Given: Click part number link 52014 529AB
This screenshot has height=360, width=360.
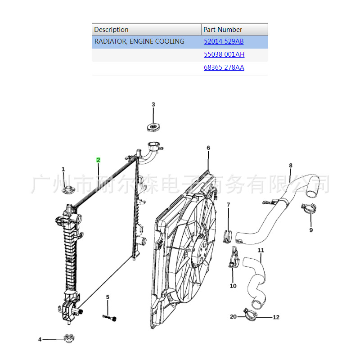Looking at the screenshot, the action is pyautogui.click(x=224, y=41).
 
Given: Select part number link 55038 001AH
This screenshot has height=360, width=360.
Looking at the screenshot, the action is pyautogui.click(x=224, y=54).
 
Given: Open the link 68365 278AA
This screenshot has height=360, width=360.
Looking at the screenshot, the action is pyautogui.click(x=224, y=67).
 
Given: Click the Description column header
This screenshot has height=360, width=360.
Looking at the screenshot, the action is pyautogui.click(x=111, y=30).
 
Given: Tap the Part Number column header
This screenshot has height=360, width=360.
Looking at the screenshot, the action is pyautogui.click(x=223, y=30).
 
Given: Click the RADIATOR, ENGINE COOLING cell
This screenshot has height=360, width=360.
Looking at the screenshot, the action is pyautogui.click(x=139, y=41).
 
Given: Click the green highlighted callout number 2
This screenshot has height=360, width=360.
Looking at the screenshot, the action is pyautogui.click(x=98, y=160).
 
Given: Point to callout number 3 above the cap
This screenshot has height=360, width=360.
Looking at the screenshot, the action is pyautogui.click(x=153, y=104).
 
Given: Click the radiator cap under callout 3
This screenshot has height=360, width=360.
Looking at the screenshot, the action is pyautogui.click(x=153, y=127).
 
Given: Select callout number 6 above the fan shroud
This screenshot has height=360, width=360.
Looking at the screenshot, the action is pyautogui.click(x=208, y=148).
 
